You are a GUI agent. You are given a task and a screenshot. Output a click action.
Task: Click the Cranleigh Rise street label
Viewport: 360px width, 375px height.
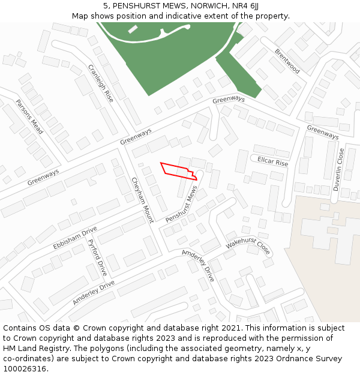[x=100, y=83]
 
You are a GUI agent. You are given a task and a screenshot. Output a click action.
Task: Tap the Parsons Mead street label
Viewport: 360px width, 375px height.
[x=29, y=116]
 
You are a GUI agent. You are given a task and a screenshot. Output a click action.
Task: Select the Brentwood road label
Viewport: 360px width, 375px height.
[x=287, y=61]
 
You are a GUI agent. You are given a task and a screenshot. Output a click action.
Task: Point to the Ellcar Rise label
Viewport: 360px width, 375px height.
[x=273, y=163]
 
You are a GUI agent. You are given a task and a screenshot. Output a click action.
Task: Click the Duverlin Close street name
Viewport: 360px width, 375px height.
[x=340, y=170]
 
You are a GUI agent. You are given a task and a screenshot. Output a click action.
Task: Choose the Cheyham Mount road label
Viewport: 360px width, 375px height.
[x=142, y=199]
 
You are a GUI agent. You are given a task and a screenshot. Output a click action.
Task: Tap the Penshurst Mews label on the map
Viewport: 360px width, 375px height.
[x=181, y=205]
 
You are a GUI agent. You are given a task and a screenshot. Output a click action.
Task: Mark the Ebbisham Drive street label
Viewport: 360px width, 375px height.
[x=74, y=238]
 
